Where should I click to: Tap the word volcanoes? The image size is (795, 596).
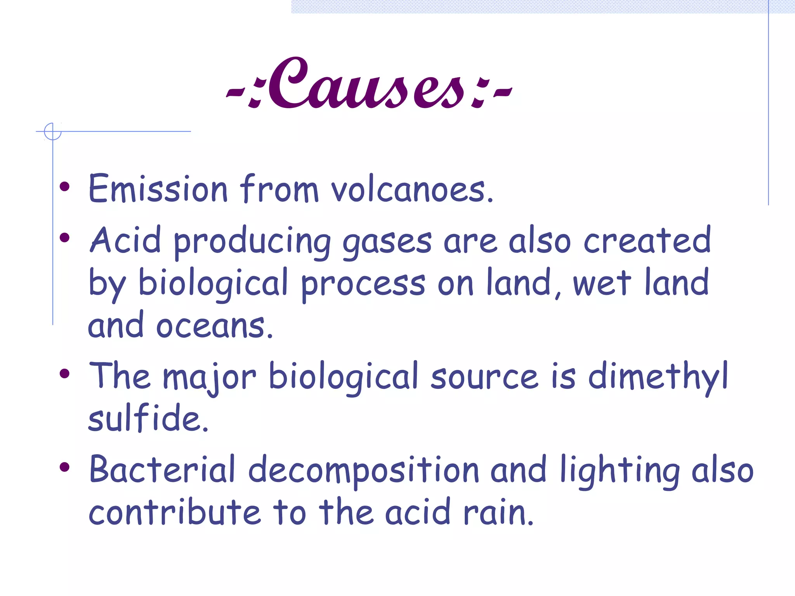411,189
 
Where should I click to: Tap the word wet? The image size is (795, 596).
602,283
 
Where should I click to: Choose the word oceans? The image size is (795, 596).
214,326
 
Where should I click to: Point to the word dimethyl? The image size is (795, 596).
658,376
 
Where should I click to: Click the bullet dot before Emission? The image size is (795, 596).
64,187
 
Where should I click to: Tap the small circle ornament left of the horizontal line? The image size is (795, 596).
52,131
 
